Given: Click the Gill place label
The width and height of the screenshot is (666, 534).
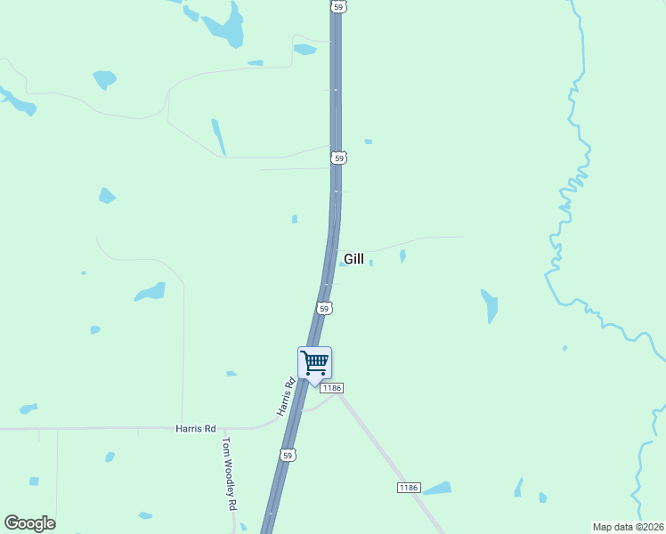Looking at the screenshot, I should tap(353, 259).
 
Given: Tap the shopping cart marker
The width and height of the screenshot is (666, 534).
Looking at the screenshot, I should tap(314, 363).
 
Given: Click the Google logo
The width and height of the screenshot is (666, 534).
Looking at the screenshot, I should tap(29, 523).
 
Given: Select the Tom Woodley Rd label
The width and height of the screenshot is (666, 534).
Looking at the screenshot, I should tap(231, 473).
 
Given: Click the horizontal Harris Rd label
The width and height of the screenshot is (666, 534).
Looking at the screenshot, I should tap(196, 429).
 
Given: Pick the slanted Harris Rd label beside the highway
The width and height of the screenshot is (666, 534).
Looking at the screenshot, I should tap(285, 398).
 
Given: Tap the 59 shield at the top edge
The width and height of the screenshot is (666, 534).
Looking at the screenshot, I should tap(337, 6).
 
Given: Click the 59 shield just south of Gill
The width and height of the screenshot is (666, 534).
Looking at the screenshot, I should tap(324, 308).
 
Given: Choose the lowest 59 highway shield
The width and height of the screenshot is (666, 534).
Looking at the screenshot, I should tap(287, 455).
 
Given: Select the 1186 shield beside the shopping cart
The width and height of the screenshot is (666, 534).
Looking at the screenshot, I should tap(332, 388).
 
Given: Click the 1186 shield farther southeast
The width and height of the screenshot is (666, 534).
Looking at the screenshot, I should tap(408, 487).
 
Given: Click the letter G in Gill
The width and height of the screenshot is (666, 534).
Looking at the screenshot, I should tap(348, 259).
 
